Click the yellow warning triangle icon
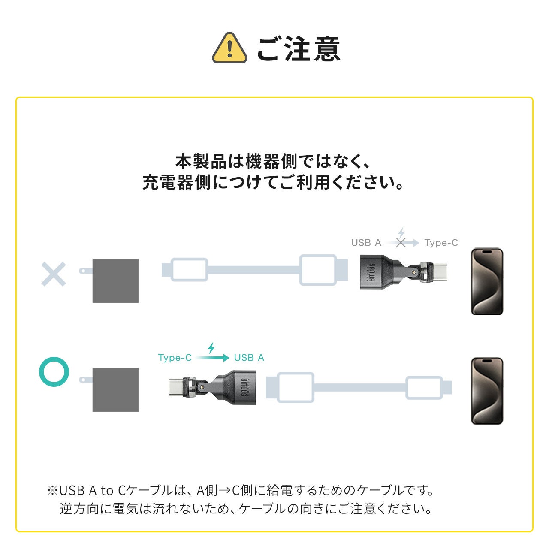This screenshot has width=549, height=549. coord(229,48)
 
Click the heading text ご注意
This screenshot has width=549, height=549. coord(299,49)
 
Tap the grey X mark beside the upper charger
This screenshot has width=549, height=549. coord(54,274)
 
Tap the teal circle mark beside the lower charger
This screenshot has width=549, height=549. coord(54,371)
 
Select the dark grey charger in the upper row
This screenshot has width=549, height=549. coord(115,281)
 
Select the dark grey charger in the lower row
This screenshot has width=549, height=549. coord(115,389)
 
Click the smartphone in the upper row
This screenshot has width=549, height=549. coord(487,281)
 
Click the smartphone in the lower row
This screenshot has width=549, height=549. coord(487,391)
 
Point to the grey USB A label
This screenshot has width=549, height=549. coord(366,243)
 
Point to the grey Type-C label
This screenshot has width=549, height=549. coord(441,243)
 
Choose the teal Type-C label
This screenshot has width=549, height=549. coord(175,358)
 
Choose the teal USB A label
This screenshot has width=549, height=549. coord(249,358)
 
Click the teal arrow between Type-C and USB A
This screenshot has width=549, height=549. coord(213,358)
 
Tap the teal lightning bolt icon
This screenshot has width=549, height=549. coord(211,347)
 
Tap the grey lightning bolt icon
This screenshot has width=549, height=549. coord(401,233)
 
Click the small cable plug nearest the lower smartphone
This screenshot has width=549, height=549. coord(425,388)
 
